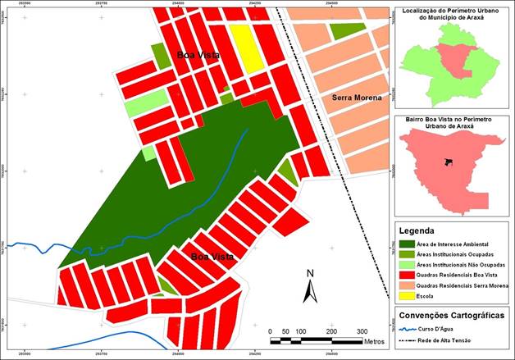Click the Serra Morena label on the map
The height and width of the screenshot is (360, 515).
pos(357,98)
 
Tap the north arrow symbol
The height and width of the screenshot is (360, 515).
pos(310,288)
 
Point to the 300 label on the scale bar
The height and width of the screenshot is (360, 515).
pos(362,330)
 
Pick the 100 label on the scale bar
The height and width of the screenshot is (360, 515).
pos(301,330)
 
